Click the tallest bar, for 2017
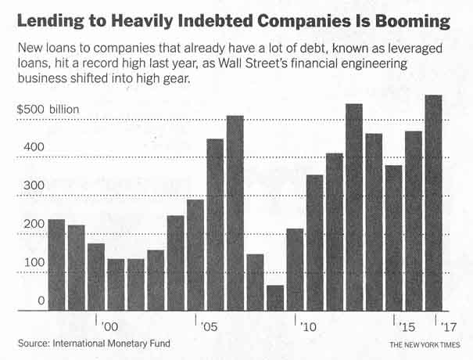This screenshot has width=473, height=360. [433, 203]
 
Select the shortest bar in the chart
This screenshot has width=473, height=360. [275, 298]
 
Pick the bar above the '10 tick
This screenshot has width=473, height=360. [295, 270]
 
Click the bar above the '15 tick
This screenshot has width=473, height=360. [394, 238]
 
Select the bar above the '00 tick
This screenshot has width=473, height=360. [96, 277]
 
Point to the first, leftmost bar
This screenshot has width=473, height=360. [56, 265]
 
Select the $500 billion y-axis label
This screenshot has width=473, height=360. [48, 110]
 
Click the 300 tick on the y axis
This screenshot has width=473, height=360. [27, 186]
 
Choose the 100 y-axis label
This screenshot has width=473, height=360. [27, 263]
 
